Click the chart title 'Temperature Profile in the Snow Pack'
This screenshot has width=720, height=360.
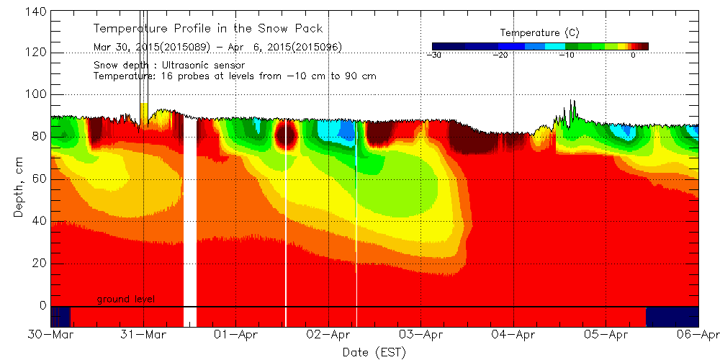(208, 29)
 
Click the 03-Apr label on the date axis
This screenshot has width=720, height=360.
(421, 336)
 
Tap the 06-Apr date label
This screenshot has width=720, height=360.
(698, 336)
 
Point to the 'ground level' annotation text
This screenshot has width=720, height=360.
(126, 300)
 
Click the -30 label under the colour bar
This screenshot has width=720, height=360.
(434, 55)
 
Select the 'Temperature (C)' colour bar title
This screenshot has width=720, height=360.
(539, 33)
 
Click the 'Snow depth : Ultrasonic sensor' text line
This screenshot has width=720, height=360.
(169, 65)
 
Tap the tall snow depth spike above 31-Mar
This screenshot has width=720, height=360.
(143, 58)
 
